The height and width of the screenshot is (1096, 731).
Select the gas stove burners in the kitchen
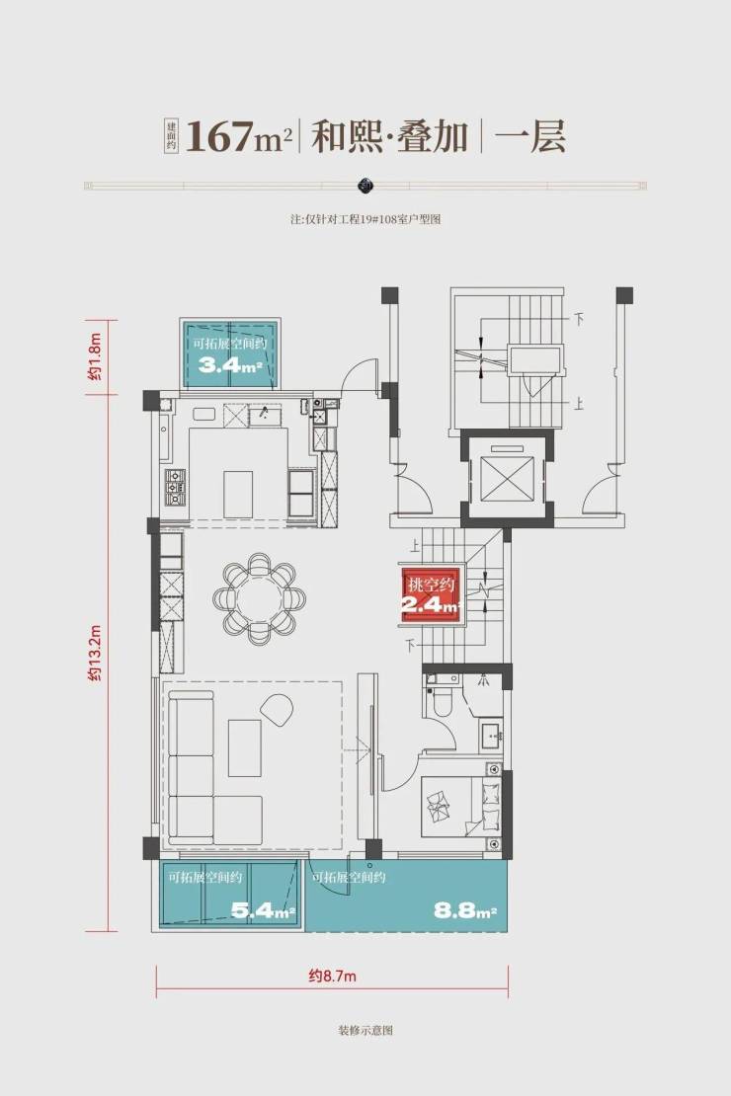[175, 487]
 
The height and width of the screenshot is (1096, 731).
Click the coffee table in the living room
[245, 747]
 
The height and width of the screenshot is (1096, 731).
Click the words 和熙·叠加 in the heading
[389, 136]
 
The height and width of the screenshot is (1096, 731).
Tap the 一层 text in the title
[530, 136]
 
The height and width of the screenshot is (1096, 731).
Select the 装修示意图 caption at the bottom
[365, 1030]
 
